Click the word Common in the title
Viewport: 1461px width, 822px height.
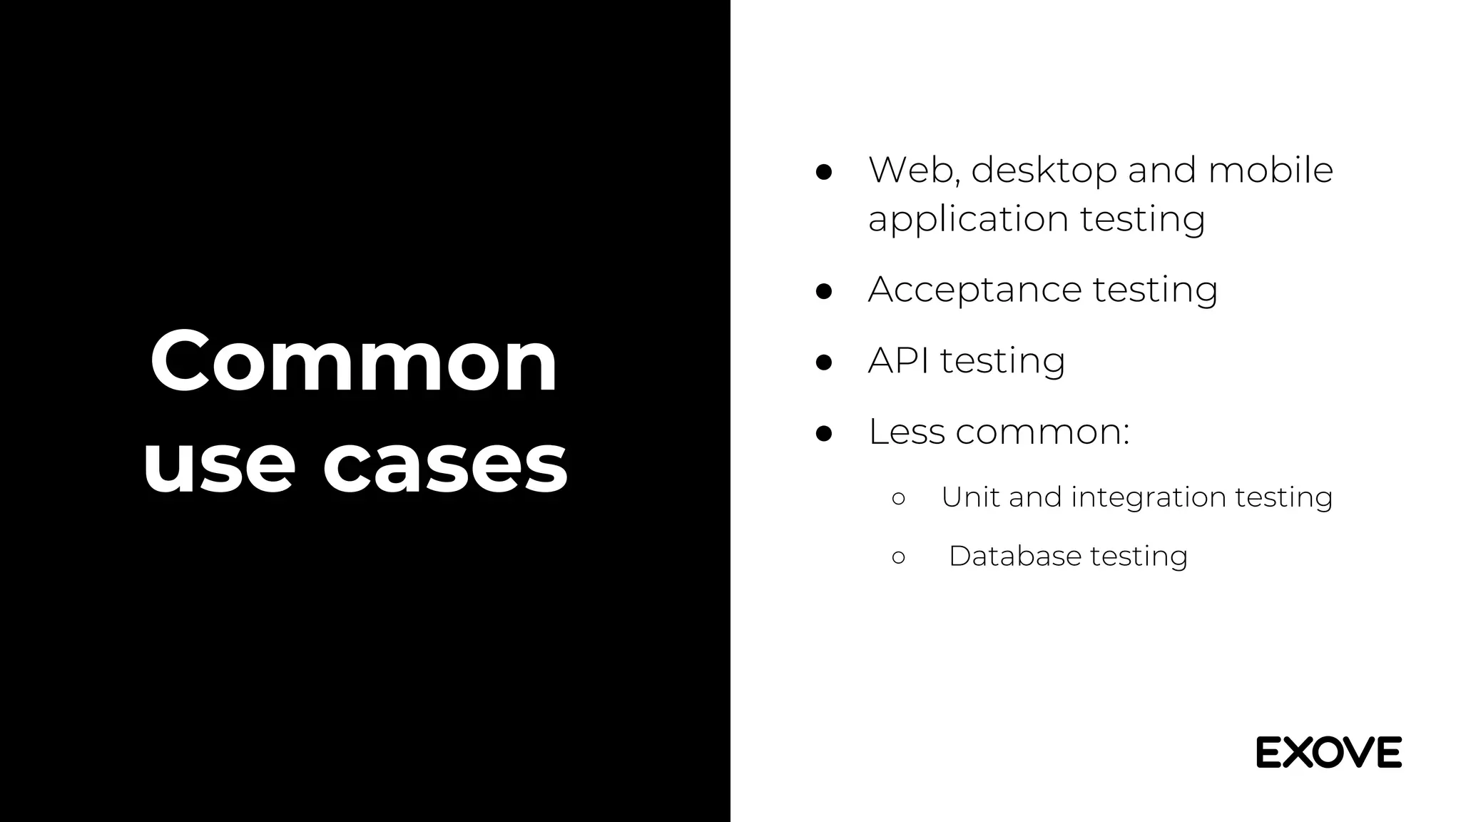pyautogui.click(x=354, y=362)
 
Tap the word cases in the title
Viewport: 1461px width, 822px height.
pyautogui.click(x=446, y=465)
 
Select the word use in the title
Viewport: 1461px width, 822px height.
pyautogui.click(x=219, y=465)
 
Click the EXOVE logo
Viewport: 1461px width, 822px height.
pyautogui.click(x=1328, y=752)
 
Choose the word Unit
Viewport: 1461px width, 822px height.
pyautogui.click(x=970, y=497)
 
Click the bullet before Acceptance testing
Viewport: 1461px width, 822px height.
pyautogui.click(x=824, y=291)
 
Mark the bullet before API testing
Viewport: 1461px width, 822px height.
pyautogui.click(x=824, y=362)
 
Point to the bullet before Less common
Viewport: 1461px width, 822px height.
pyautogui.click(x=824, y=433)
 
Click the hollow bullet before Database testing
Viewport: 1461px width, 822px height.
pyautogui.click(x=898, y=557)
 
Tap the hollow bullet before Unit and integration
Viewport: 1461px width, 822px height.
pyautogui.click(x=898, y=499)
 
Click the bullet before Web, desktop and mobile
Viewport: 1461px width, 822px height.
pyautogui.click(x=824, y=172)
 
